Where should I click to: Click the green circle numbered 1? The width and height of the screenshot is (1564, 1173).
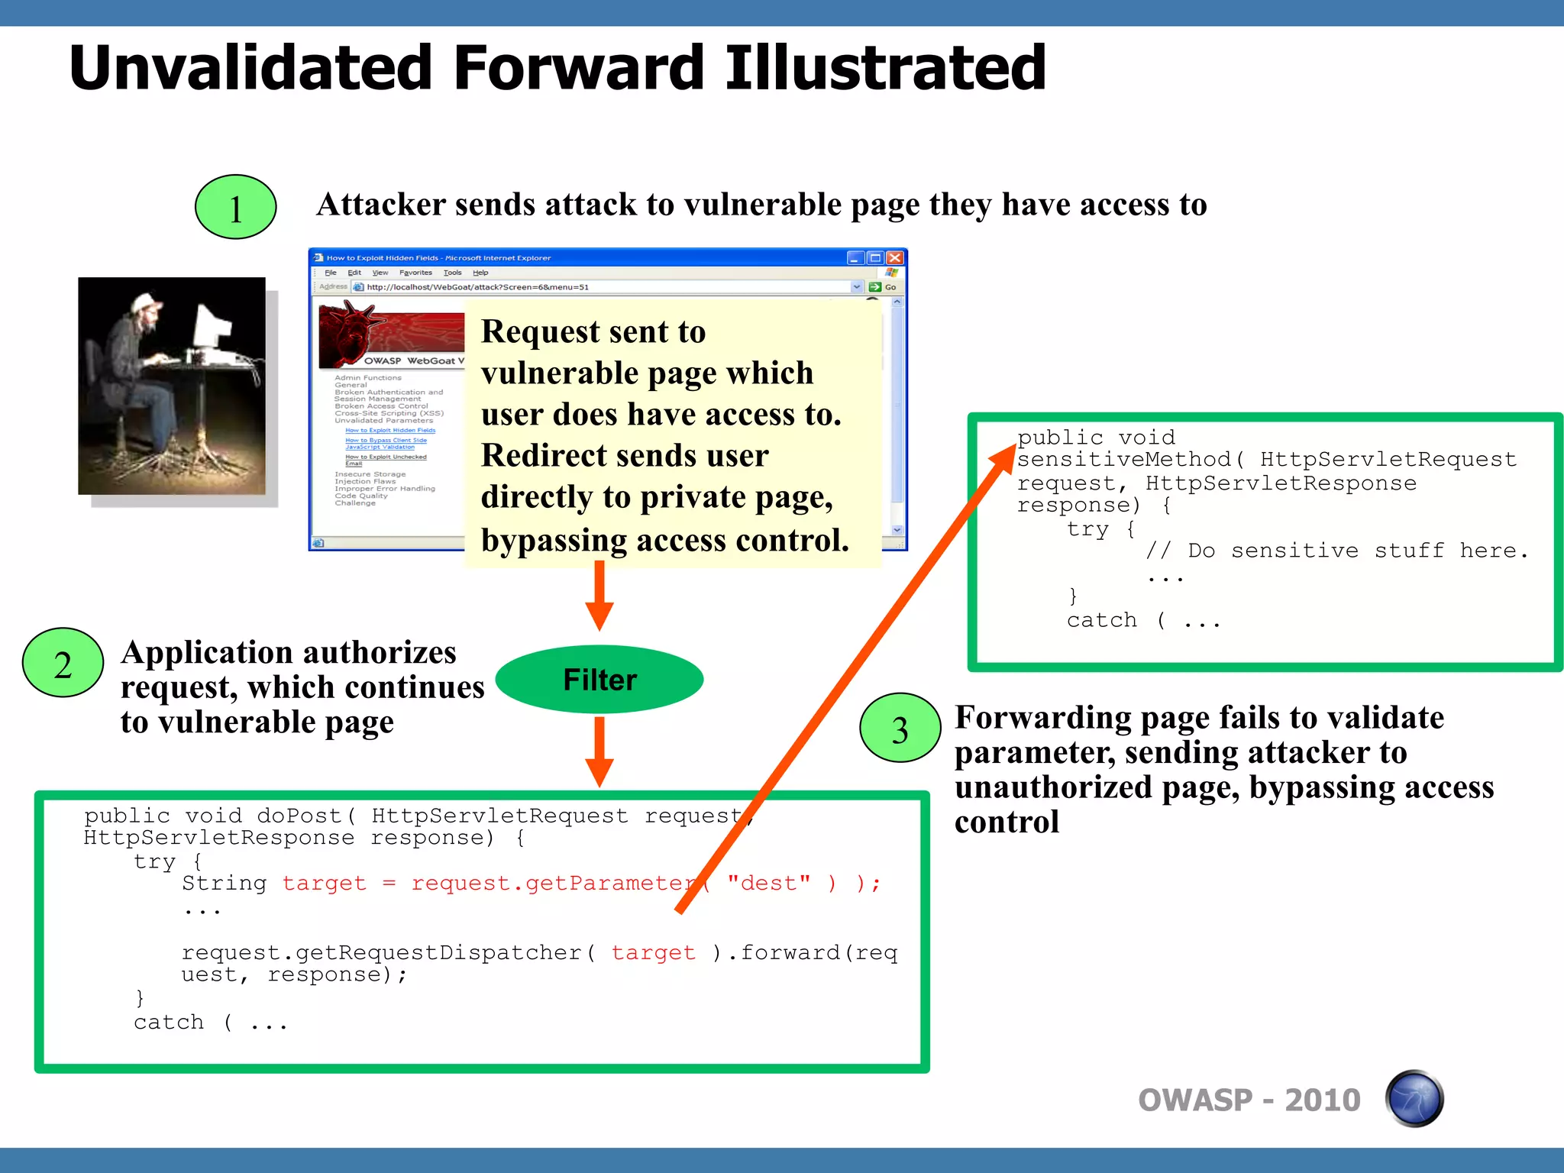(235, 207)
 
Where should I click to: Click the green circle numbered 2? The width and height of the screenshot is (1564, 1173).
(63, 663)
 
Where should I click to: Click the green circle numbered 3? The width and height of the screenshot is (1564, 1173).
(900, 728)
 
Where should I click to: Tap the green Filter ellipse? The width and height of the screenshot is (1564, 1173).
(599, 679)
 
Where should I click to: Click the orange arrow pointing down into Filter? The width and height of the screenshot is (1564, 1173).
(599, 596)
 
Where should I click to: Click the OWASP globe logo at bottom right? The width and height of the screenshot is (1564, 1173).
(1414, 1099)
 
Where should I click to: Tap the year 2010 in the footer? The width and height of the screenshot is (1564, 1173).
(1322, 1100)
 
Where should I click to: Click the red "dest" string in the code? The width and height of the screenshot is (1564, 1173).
(768, 884)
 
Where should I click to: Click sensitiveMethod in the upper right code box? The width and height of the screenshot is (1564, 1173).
(1123, 459)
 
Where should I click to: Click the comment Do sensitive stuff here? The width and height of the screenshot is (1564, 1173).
(1336, 550)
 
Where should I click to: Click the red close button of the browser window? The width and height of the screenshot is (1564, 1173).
(895, 257)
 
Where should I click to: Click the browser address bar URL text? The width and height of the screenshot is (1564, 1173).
(477, 287)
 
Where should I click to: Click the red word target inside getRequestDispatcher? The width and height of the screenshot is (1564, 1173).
(653, 952)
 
